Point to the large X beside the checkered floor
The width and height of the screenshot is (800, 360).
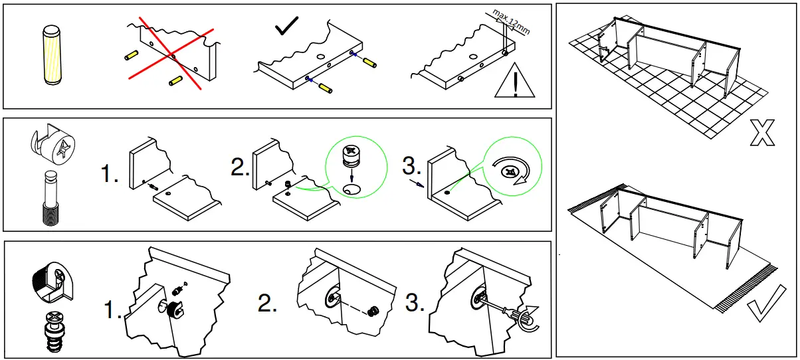(761, 132)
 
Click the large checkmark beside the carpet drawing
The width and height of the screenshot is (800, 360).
(762, 308)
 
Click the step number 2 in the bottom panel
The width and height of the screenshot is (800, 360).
(267, 304)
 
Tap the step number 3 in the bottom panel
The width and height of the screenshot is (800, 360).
(414, 304)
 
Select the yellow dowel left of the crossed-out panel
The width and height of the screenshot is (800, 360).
(132, 54)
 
